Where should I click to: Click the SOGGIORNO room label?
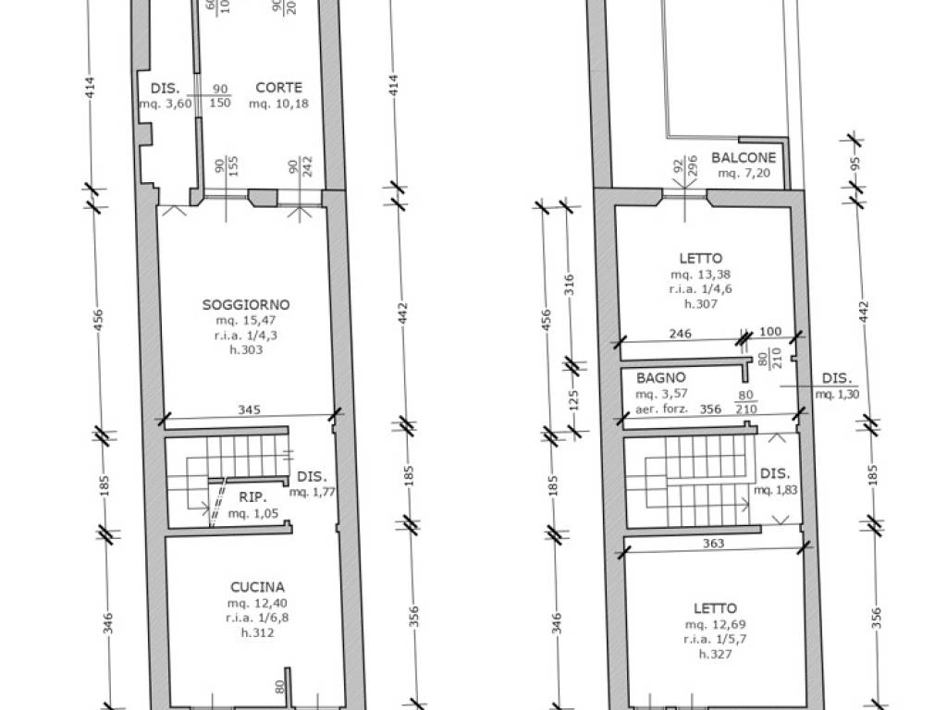pyautogui.click(x=246, y=304)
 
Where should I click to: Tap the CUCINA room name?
pyautogui.click(x=257, y=586)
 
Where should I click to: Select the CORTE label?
pyautogui.click(x=278, y=88)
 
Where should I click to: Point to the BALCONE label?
pyautogui.click(x=744, y=157)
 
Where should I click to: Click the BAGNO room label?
pyautogui.click(x=660, y=377)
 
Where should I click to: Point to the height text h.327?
pyautogui.click(x=716, y=655)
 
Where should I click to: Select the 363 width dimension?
pyautogui.click(x=713, y=545)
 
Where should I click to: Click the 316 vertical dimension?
pyautogui.click(x=571, y=281)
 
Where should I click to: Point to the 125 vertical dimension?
pyautogui.click(x=572, y=402)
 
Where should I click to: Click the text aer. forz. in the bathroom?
pyautogui.click(x=661, y=407)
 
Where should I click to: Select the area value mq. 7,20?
pyautogui.click(x=744, y=173)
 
